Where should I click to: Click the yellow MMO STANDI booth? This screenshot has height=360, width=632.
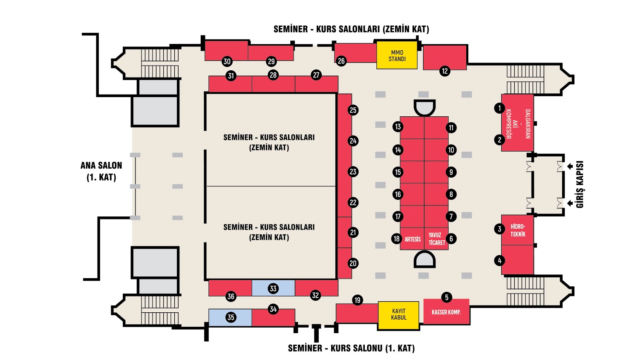[397, 55]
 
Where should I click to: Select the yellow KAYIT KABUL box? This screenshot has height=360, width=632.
[398, 314]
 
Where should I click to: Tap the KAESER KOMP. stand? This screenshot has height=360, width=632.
[446, 312]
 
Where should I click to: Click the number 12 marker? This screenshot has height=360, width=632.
[445, 71]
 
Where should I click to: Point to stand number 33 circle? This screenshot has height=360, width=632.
[273, 288]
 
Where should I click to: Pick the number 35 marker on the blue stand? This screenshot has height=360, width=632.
[231, 317]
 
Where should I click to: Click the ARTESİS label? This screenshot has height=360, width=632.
[412, 239]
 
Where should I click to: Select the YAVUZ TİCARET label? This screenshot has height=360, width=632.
[437, 239]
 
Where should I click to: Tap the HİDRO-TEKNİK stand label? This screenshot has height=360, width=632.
[518, 230]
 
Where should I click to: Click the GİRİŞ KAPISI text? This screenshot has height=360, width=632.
[580, 184]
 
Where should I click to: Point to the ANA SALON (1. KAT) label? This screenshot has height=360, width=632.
[101, 171]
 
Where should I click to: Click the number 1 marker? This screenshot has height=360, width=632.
[499, 108]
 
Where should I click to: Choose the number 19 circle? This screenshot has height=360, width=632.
[358, 300]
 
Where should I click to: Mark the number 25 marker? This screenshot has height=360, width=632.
[353, 110]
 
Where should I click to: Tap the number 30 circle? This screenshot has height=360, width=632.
[227, 61]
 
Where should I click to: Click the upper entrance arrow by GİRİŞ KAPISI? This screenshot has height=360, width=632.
[570, 167]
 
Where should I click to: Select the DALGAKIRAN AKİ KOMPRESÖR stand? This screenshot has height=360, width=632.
[517, 124]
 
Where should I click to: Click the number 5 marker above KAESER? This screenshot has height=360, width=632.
[447, 297]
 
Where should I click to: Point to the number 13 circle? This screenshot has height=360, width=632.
[398, 127]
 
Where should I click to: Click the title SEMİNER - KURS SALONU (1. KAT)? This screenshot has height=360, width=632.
[351, 348]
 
